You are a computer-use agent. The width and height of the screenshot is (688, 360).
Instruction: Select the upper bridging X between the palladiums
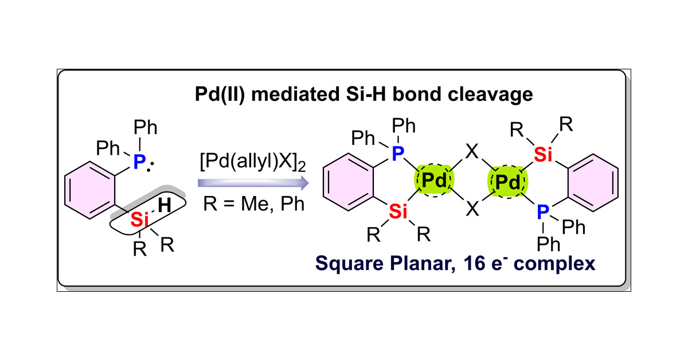471,155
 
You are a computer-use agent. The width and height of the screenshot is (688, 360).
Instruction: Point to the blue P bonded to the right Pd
542,213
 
